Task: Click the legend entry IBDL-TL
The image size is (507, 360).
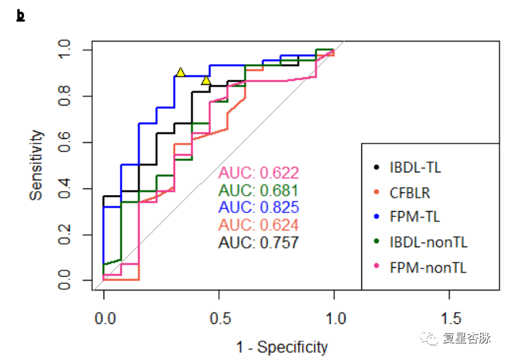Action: coord(414,167)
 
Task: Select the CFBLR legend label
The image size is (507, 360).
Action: coord(409,193)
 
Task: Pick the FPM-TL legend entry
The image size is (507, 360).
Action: coord(414,217)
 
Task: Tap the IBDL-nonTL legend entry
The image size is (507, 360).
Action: coord(428,242)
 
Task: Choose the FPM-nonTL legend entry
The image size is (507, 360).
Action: coord(428,268)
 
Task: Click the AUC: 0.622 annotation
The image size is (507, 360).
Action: coord(259,173)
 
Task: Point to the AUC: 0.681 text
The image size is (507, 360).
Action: coord(259,190)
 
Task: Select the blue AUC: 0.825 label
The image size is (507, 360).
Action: coord(259,208)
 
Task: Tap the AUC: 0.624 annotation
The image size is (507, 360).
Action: coord(259,225)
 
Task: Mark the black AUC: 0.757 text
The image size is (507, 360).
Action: coord(259,242)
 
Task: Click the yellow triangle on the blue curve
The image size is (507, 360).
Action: coord(180,72)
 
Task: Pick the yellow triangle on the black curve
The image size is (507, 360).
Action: coord(206,81)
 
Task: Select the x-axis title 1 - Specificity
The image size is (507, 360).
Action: coord(282,347)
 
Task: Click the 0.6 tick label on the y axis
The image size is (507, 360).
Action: coord(65,142)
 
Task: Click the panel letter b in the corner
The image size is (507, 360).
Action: coord(20,15)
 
